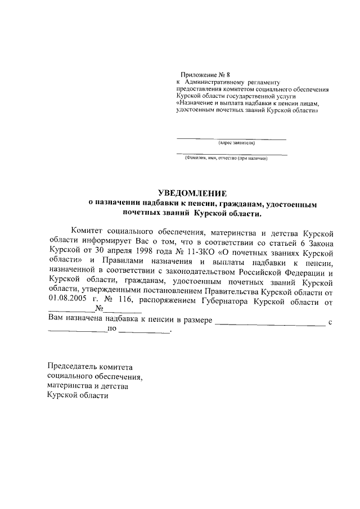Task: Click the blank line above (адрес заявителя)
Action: pyautogui.click(x=231, y=138)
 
